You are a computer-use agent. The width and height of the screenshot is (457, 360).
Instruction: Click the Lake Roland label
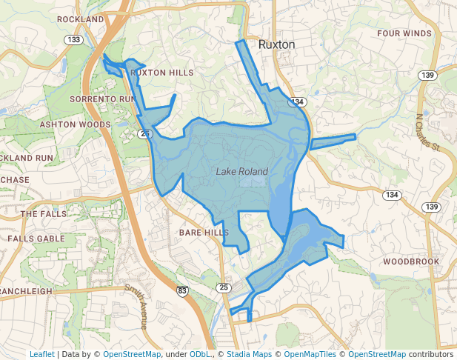pyautogui.click(x=241, y=172)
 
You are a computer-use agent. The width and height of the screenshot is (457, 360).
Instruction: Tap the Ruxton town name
pyautogui.click(x=276, y=44)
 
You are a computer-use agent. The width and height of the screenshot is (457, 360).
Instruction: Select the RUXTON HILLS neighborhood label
pyautogui.click(x=161, y=73)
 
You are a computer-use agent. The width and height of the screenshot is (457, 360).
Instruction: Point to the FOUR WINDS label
pyautogui.click(x=404, y=34)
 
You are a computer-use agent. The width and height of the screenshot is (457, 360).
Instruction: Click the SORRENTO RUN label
pyautogui.click(x=102, y=99)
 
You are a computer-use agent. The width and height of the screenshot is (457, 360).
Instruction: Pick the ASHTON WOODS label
pyautogui.click(x=75, y=125)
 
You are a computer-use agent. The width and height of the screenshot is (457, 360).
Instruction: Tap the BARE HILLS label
pyautogui.click(x=204, y=233)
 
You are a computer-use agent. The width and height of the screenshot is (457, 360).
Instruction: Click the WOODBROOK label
pyautogui.click(x=411, y=261)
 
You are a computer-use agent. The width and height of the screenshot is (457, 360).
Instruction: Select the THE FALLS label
pyautogui.click(x=39, y=214)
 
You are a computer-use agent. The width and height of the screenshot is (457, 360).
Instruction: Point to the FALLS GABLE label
pyautogui.click(x=36, y=239)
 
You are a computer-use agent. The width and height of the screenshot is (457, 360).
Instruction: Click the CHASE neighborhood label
pyautogui.click(x=15, y=180)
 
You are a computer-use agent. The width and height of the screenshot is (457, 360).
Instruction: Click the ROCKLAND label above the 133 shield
pyautogui.click(x=79, y=19)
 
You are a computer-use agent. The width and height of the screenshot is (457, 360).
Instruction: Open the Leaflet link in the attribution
pyautogui.click(x=41, y=354)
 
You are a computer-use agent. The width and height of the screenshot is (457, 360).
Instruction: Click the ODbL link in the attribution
pyautogui.click(x=199, y=354)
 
